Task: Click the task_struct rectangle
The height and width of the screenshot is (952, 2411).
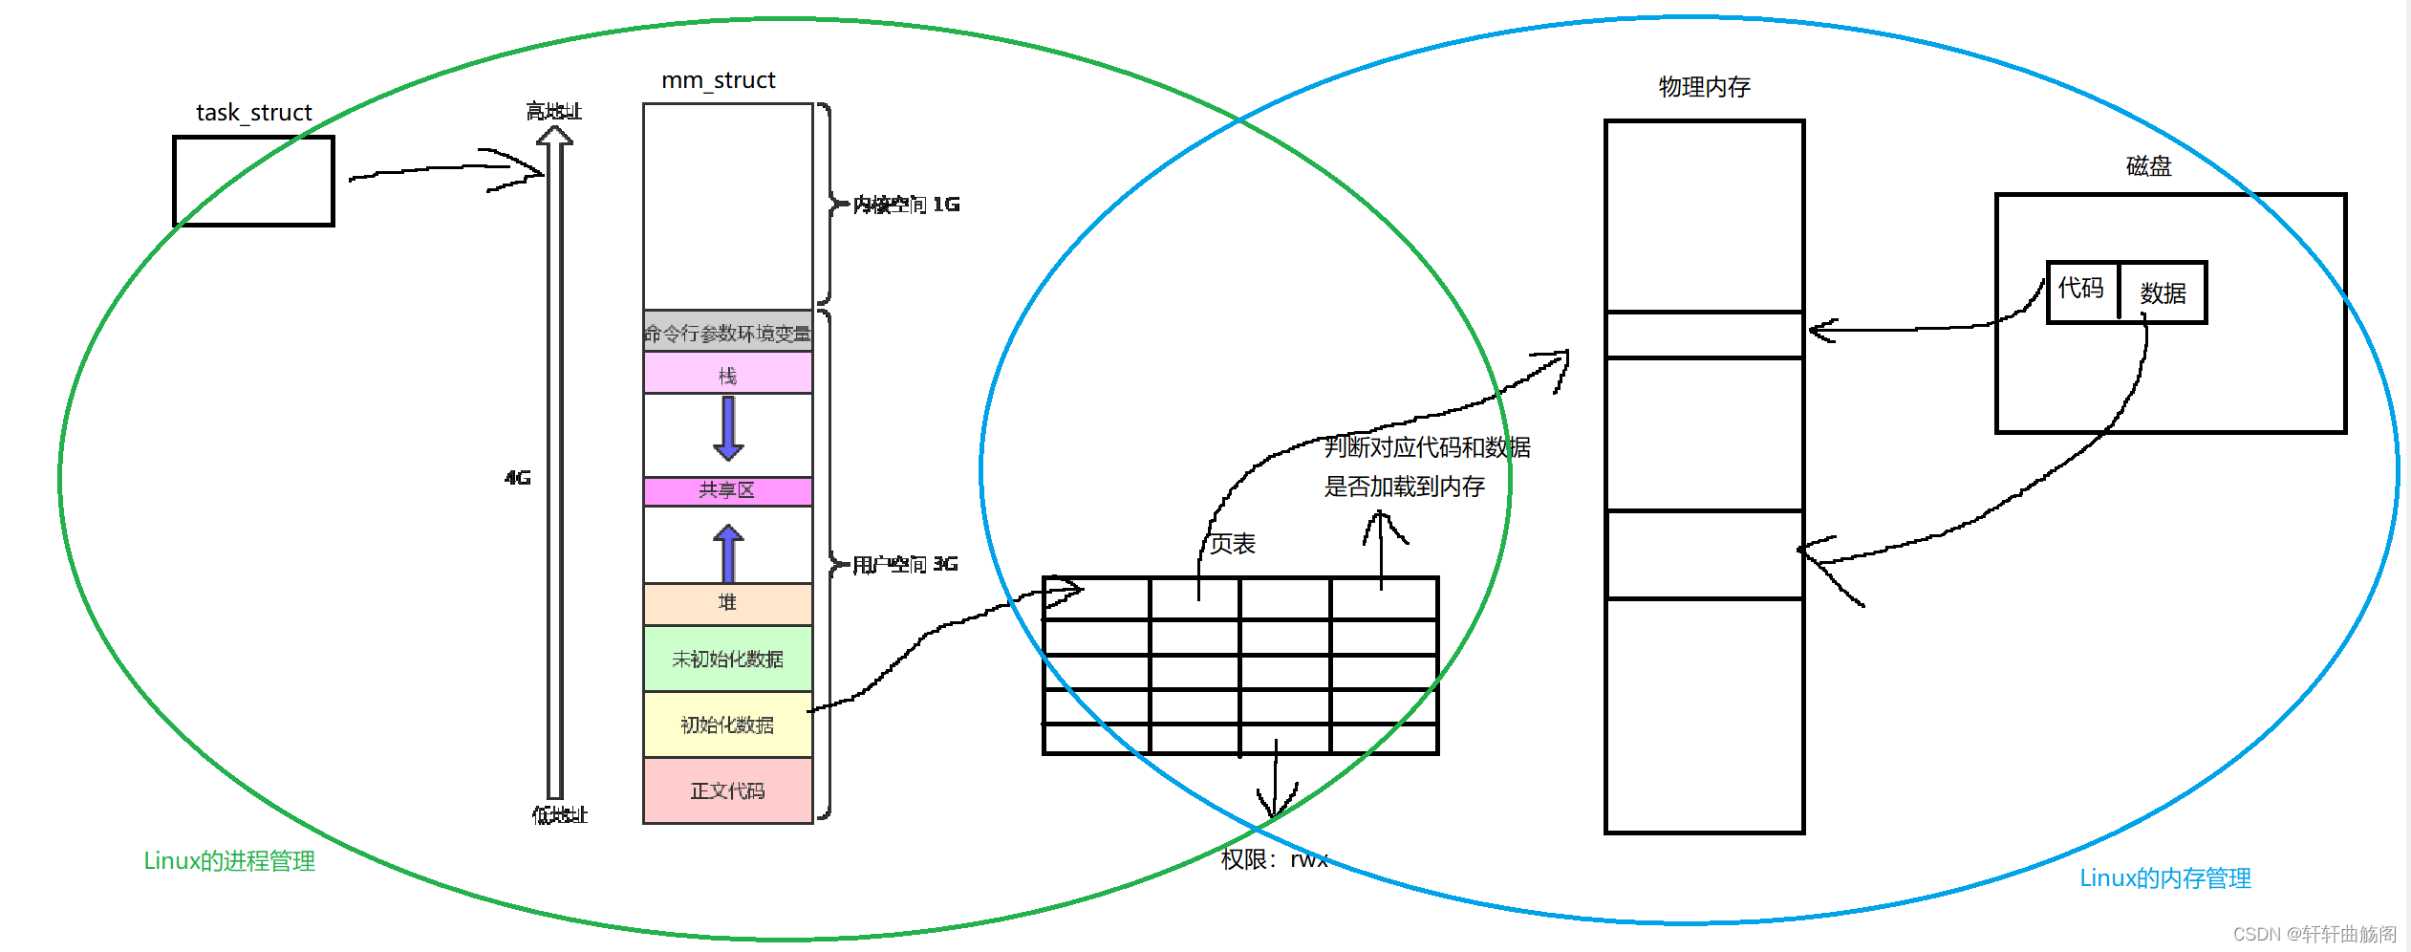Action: click(253, 181)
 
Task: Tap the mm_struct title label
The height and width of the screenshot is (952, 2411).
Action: click(719, 80)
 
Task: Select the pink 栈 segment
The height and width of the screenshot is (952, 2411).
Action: click(727, 374)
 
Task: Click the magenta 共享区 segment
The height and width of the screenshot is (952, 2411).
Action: click(727, 490)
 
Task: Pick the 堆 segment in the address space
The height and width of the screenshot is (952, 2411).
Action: click(727, 603)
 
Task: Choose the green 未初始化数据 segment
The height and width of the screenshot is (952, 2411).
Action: click(727, 659)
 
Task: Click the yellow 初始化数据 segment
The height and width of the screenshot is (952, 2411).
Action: click(727, 725)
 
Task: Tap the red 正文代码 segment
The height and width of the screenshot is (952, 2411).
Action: click(727, 790)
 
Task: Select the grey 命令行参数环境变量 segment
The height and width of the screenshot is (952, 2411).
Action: click(727, 332)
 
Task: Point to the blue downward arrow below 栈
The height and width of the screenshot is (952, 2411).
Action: click(728, 428)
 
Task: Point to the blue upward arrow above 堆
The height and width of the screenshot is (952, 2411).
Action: click(728, 552)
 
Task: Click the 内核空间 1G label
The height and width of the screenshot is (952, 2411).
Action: click(906, 205)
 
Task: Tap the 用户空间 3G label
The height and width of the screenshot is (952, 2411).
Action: click(905, 564)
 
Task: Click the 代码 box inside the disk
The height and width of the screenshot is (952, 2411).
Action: click(2081, 290)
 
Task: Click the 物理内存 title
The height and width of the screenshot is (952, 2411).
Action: click(1704, 87)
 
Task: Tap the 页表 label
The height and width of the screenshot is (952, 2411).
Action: click(1233, 544)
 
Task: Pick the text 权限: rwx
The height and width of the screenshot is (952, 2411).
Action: click(1275, 859)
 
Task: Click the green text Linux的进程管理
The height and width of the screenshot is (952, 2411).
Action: click(229, 861)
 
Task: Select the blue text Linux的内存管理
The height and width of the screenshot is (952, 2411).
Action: click(2165, 878)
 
